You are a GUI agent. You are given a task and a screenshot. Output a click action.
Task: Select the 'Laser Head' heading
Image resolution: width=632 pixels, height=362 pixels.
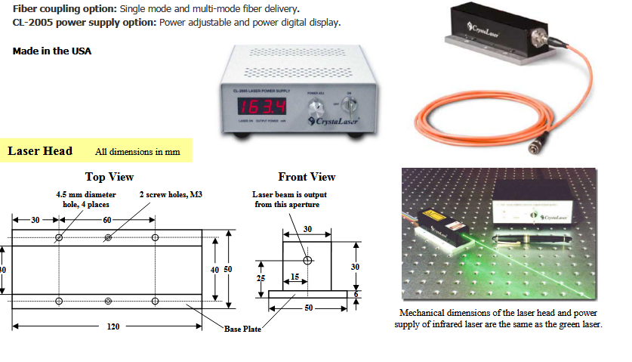click(x=40, y=151)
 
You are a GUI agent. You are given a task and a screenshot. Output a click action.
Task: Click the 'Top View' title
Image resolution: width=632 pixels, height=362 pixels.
click(x=109, y=177)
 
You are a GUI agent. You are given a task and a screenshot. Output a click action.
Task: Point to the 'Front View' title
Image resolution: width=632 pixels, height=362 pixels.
click(x=307, y=177)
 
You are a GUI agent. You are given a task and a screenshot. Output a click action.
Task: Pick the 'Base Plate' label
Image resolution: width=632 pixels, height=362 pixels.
click(x=242, y=329)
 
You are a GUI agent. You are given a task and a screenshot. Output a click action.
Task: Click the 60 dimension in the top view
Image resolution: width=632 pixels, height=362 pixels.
click(x=106, y=219)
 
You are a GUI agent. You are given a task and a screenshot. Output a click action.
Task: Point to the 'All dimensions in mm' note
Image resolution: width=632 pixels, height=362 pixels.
click(x=137, y=152)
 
